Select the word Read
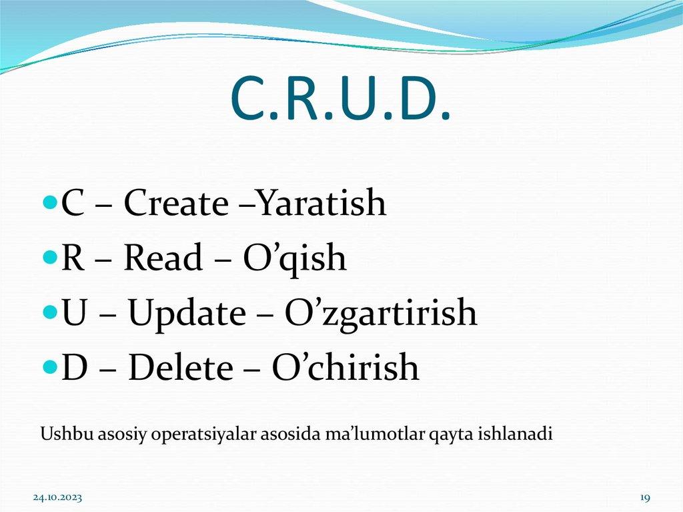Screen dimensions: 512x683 click(x=164, y=258)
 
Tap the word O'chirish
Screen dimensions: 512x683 click(x=346, y=368)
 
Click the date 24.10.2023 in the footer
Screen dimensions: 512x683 click(x=58, y=498)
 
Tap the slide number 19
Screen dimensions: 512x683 click(x=644, y=498)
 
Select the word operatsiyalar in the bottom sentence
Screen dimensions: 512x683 click(x=191, y=435)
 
